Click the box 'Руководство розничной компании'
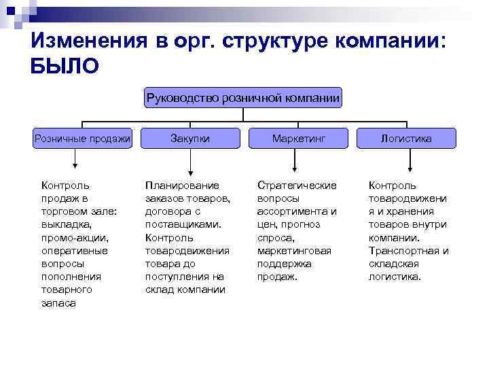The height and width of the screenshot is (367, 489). pos(244,98)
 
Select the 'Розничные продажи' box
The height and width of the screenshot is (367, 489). pos(83,139)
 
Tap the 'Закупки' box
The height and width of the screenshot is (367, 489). pos(190,139)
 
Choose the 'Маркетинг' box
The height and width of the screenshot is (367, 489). pos(299,139)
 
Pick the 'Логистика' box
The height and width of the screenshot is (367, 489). pos(406,139)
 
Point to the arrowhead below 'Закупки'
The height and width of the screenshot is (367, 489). pos(190,171)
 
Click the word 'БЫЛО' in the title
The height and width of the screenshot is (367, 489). pos(65,67)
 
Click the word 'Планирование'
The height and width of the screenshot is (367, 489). pos(182,185)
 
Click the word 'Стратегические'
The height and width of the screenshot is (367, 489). pos(297,185)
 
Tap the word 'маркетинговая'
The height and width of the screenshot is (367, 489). pos(294,251)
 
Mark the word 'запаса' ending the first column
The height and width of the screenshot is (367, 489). pos(58,304)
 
